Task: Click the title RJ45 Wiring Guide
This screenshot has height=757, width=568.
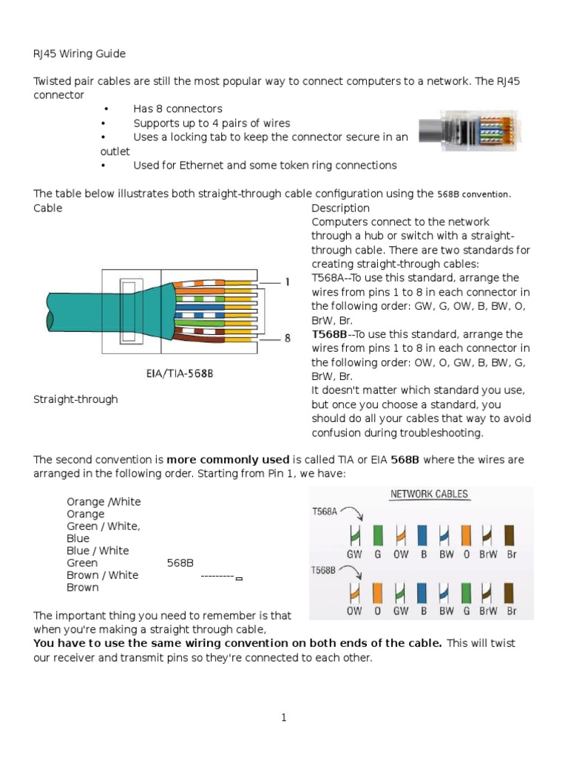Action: pos(80,53)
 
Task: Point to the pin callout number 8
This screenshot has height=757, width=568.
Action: pos(286,339)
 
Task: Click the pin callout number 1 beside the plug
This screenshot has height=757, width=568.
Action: pos(286,282)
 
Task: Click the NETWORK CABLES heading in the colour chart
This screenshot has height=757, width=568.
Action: pos(429,494)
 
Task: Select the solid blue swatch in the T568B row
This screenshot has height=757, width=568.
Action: pos(422,593)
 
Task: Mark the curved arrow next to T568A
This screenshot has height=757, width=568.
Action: pos(350,515)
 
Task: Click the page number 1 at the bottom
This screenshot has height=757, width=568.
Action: pos(283,717)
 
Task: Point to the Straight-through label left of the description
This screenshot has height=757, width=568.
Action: pos(75,399)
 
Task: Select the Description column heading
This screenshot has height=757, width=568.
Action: pos(340,208)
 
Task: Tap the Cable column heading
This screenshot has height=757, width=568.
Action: pos(48,208)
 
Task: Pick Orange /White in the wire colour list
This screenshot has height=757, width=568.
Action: pos(104,502)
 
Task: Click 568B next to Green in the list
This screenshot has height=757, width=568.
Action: pos(180,563)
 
